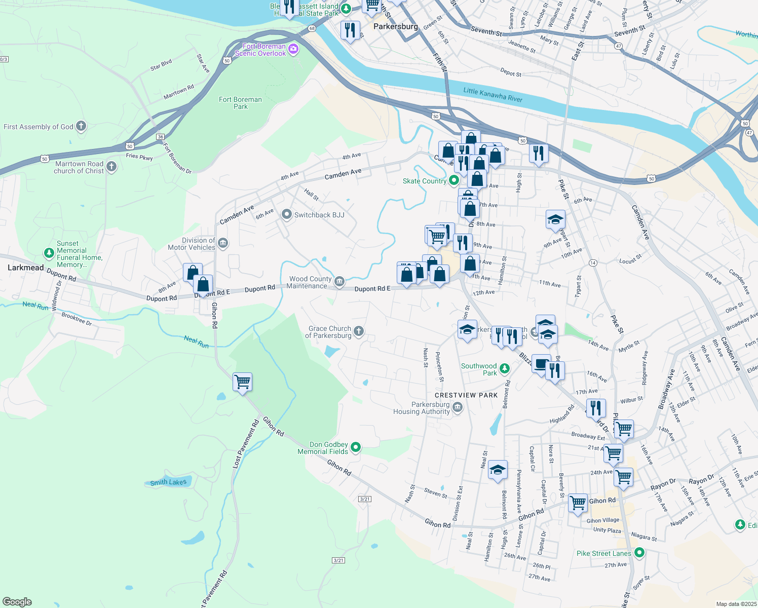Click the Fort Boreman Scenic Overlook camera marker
tap(293, 49)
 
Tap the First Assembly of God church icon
tap(81, 126)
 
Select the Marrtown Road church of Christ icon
tap(111, 166)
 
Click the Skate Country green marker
tap(454, 180)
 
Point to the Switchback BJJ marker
tap(287, 215)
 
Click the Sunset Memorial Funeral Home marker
tap(49, 252)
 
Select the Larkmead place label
tap(26, 268)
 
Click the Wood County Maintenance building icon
tap(339, 281)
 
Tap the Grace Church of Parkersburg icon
tap(359, 331)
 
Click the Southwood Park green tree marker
tap(504, 368)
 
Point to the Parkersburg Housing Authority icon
tap(458, 407)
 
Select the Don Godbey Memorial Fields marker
tap(356, 447)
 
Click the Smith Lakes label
tap(168, 482)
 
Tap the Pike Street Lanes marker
tap(639, 553)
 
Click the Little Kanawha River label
tap(492, 95)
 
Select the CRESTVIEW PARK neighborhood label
tap(466, 395)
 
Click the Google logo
tap(17, 602)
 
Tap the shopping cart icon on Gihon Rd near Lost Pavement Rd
tap(243, 381)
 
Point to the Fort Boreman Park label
tap(240, 103)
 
